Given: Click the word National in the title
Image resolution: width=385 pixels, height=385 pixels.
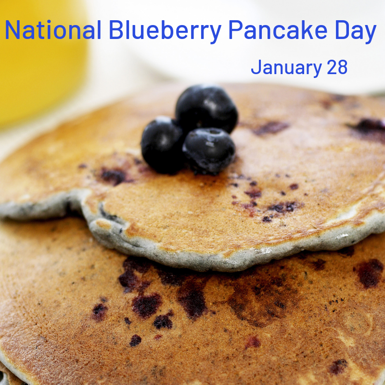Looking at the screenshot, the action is point(53,30).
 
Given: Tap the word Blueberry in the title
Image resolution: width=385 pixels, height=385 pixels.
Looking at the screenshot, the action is point(165,32).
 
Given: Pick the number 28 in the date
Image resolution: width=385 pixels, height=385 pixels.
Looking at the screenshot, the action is point(337,67).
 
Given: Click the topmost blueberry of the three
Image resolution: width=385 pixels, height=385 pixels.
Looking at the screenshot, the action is point(206,108).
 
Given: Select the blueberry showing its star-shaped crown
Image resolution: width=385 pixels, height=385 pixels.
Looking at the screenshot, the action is point(209,150).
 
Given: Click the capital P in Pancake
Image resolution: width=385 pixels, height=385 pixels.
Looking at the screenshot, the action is point(236,30).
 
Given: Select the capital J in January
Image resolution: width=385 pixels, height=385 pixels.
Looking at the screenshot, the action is point(256,67).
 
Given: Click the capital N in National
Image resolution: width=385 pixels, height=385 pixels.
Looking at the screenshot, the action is point(13,30).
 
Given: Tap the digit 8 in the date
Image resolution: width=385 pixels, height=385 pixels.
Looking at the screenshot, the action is point(343,67).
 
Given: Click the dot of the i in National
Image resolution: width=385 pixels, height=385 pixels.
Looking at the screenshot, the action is point(49,21).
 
